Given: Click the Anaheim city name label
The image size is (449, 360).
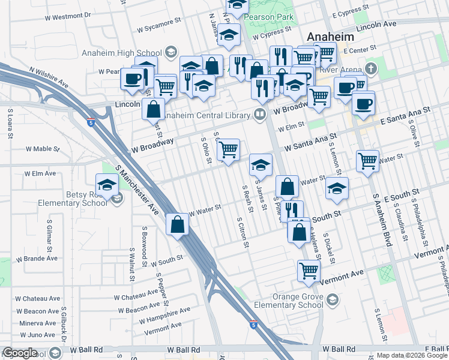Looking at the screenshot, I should pos(331,37).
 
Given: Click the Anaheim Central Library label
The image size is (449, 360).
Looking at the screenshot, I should pos(208,115).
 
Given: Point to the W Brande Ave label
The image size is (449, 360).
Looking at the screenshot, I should pos(37,259).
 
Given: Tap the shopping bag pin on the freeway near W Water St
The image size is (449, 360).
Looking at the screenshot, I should pos(178,224).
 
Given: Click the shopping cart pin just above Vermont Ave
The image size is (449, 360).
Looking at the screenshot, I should pos(309,270).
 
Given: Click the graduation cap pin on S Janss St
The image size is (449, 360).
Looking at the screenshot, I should pos(261,164).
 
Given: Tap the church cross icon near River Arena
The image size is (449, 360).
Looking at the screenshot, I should pos(371,68).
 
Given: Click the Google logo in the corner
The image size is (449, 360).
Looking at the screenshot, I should pos(20,353).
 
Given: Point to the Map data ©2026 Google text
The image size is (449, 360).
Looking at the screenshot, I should pos(412,355).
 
